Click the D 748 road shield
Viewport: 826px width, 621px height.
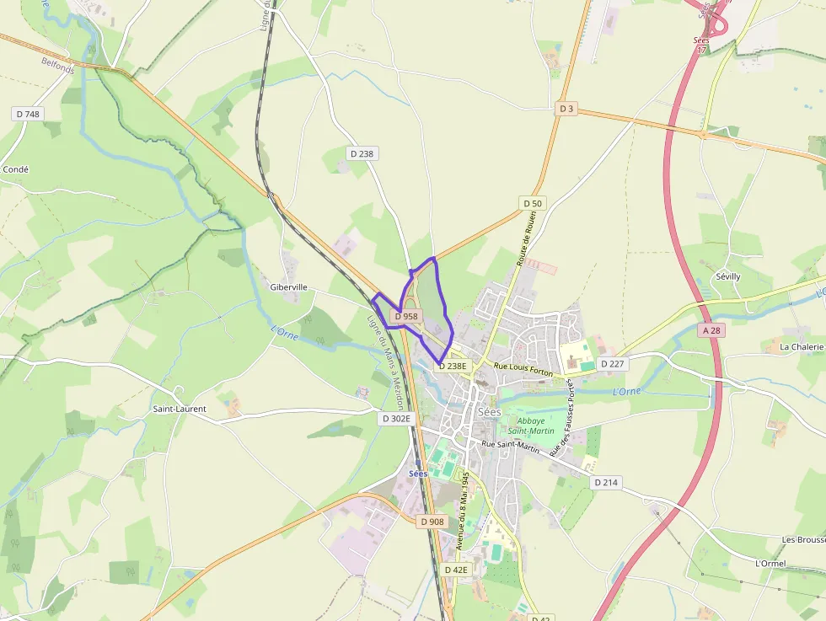click(28, 114)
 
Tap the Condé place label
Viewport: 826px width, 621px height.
click(16, 169)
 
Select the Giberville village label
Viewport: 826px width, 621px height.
click(288, 287)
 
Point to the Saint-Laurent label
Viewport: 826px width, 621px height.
click(179, 410)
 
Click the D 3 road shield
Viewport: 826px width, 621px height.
click(566, 109)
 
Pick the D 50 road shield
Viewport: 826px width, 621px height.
click(533, 203)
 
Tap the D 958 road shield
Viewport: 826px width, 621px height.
click(406, 317)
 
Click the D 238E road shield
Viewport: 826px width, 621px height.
click(451, 366)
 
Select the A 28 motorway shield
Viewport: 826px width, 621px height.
click(712, 331)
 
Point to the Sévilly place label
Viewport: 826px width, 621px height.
click(727, 276)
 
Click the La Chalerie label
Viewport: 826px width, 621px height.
click(802, 346)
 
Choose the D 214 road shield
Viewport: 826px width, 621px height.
click(605, 483)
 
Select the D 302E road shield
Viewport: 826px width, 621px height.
click(396, 418)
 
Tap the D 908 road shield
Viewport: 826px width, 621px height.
click(432, 522)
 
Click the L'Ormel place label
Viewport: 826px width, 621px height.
click(770, 563)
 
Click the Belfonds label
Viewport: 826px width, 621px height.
click(57, 65)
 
